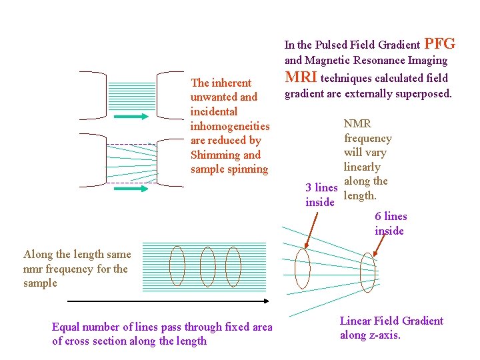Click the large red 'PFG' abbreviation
[x=439, y=44]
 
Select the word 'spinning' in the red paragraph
[x=247, y=169]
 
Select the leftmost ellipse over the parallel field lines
[x=177, y=266]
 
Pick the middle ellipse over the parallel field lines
[x=207, y=266]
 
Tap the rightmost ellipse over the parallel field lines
[x=233, y=266]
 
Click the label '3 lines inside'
[x=321, y=195]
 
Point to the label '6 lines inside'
[x=390, y=223]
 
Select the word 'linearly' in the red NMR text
[x=362, y=167]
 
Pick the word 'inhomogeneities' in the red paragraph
[x=230, y=126]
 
